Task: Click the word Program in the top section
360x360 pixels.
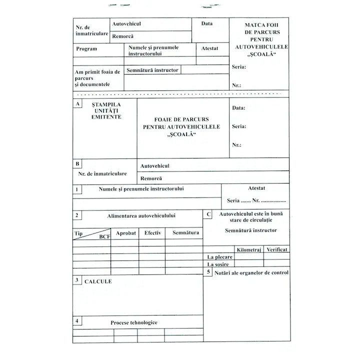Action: coord(86,49)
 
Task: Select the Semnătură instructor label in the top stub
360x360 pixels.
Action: coord(152,70)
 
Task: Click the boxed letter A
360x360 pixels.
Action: coord(77,103)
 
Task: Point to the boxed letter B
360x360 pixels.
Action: coord(77,163)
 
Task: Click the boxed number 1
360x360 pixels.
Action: coord(77,189)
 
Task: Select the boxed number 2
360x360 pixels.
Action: coord(77,215)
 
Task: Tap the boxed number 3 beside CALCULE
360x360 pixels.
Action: coord(77,280)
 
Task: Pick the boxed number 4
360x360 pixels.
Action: coord(77,321)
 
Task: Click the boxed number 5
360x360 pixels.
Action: coord(208,271)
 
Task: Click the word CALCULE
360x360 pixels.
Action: coord(98,281)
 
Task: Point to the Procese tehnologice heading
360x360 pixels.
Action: coord(134,322)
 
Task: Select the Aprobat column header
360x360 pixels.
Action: coord(126,233)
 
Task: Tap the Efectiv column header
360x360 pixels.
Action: coord(153,233)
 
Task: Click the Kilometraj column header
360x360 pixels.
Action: coord(249,249)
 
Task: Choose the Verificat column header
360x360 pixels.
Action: coord(277,249)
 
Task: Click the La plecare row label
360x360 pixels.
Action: coord(220,257)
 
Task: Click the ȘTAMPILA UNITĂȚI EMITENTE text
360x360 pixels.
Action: coord(106,110)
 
